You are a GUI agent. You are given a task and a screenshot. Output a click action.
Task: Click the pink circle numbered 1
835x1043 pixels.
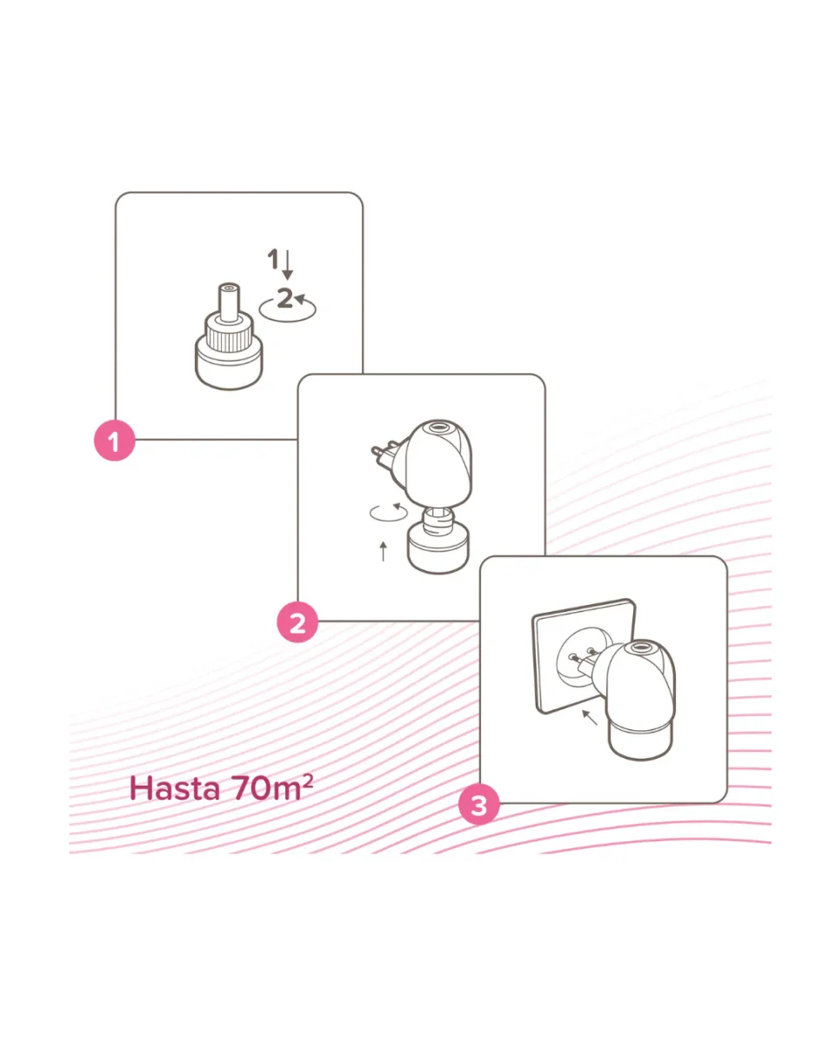tap(115, 441)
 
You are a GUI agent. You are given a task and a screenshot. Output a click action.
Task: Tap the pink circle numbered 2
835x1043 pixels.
tap(297, 622)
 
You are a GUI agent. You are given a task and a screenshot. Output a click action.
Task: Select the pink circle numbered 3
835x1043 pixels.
tap(479, 805)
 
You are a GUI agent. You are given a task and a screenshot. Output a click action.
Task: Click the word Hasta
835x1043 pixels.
tap(175, 789)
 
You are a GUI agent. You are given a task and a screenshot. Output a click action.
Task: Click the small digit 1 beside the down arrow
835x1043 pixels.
tap(274, 259)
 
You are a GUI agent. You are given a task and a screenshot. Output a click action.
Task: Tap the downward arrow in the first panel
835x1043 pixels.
tap(288, 265)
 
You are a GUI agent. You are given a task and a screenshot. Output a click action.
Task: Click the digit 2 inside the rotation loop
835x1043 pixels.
tap(284, 297)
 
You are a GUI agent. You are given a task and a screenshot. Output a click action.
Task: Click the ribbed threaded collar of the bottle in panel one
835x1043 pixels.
tap(229, 333)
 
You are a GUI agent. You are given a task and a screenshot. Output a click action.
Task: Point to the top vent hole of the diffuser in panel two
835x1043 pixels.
tap(440, 428)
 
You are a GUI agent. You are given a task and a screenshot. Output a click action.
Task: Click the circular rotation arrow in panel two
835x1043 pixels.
tap(388, 512)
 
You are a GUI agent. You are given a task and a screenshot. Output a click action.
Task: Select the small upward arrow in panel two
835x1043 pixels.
tap(384, 552)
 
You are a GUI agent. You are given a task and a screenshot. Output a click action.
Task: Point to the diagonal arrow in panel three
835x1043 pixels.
tap(590, 718)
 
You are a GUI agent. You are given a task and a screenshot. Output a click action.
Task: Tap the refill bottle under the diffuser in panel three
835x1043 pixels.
tap(640, 741)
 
